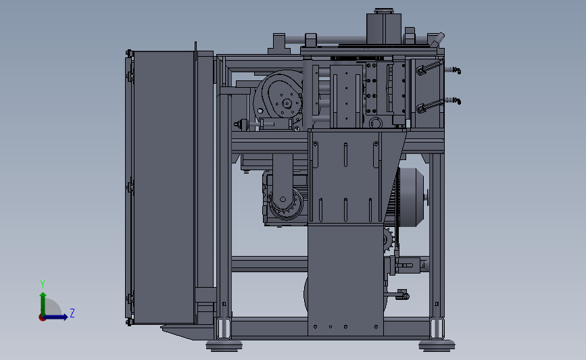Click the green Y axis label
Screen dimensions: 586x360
[x=43, y=284]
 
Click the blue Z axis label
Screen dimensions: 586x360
[x=72, y=313]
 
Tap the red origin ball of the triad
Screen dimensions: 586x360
[x=42, y=317]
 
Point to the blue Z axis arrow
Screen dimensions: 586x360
[x=56, y=317]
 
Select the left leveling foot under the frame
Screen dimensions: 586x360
[x=224, y=345]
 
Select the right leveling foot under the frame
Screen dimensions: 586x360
[x=437, y=345]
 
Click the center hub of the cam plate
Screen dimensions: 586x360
[x=287, y=103]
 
